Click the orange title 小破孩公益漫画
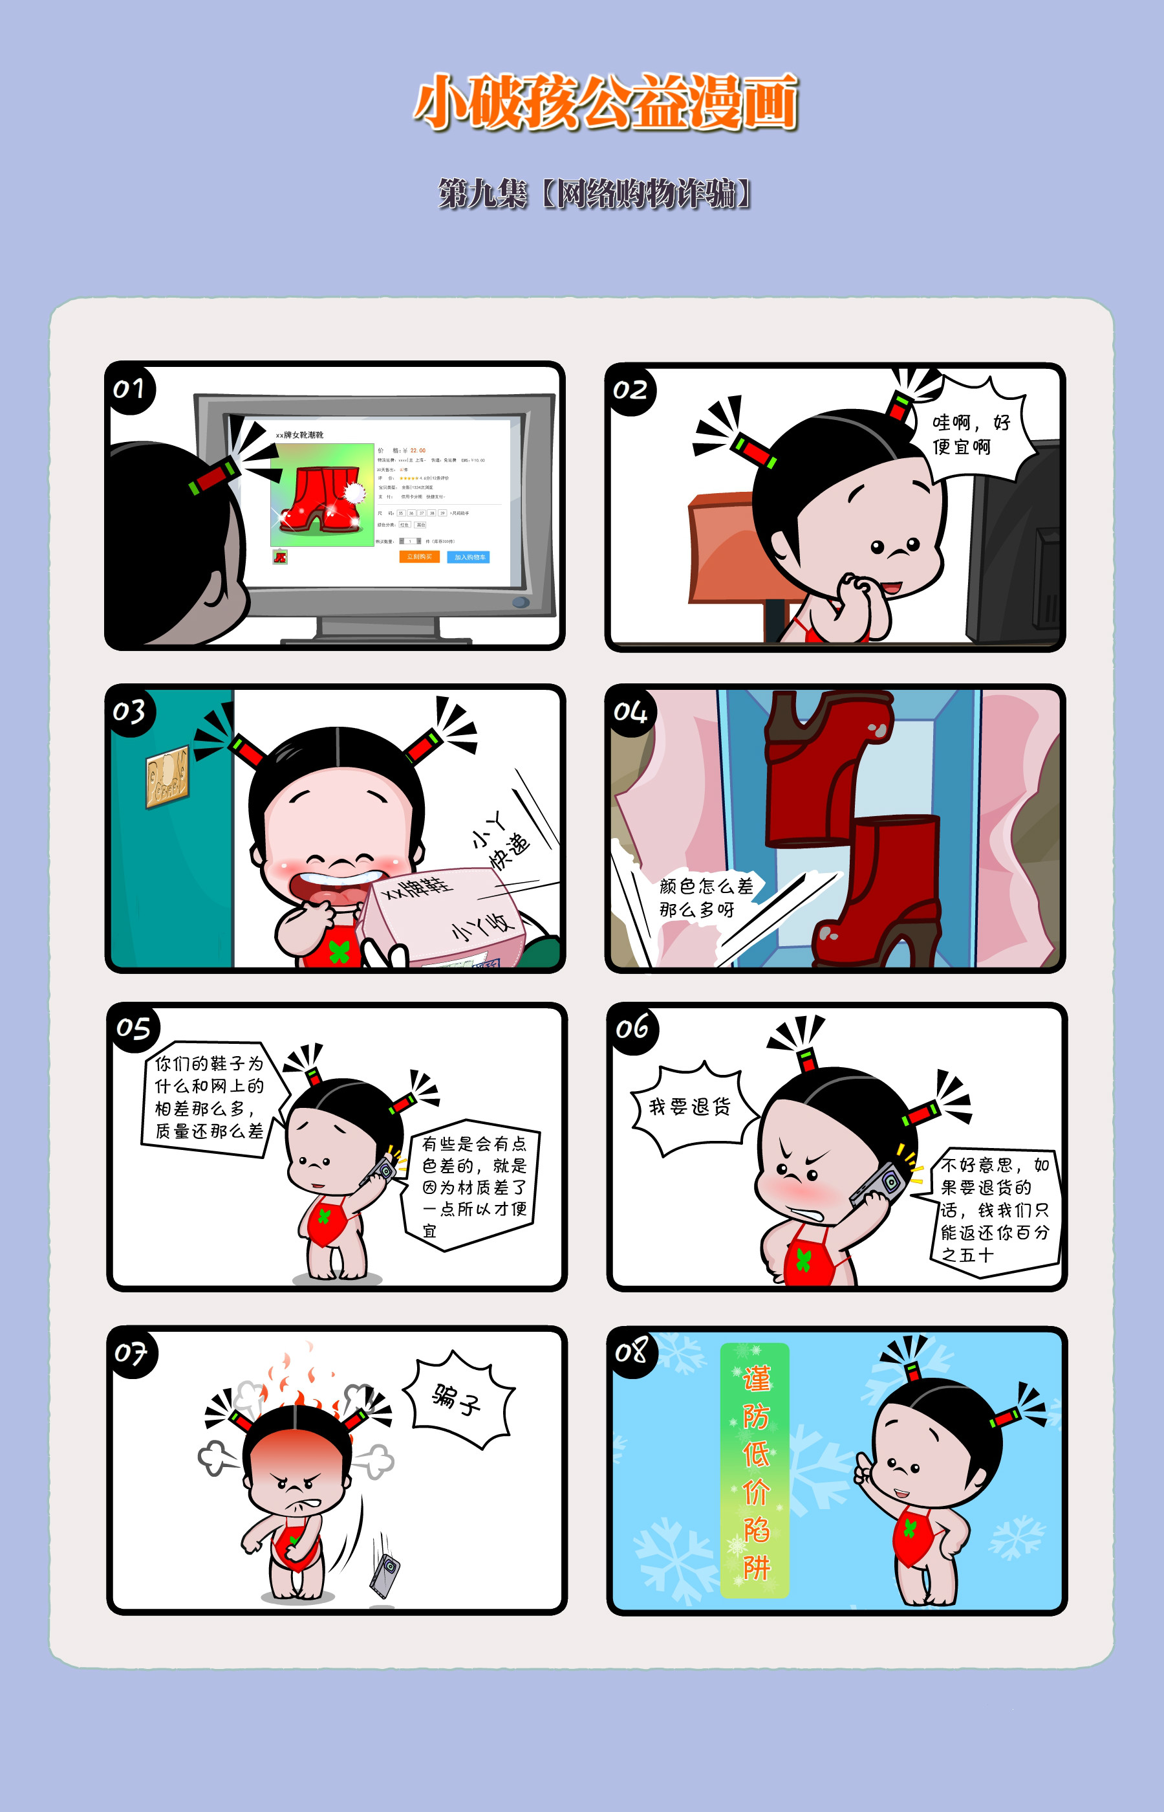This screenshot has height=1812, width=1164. pos(605,102)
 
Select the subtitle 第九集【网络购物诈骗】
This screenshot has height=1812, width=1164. pos(595,193)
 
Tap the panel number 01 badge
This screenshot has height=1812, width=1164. pos(129,390)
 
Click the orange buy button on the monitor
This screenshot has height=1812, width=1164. pos(419,557)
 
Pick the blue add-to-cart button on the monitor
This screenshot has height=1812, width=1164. pos(469,557)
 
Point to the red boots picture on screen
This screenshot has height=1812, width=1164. pos(321,495)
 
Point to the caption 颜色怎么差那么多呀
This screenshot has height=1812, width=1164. pos(706,898)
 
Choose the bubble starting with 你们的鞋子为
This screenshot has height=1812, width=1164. pos(210,1096)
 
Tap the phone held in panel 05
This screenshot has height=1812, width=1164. pos(378,1171)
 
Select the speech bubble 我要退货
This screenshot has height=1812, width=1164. pos(689,1107)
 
